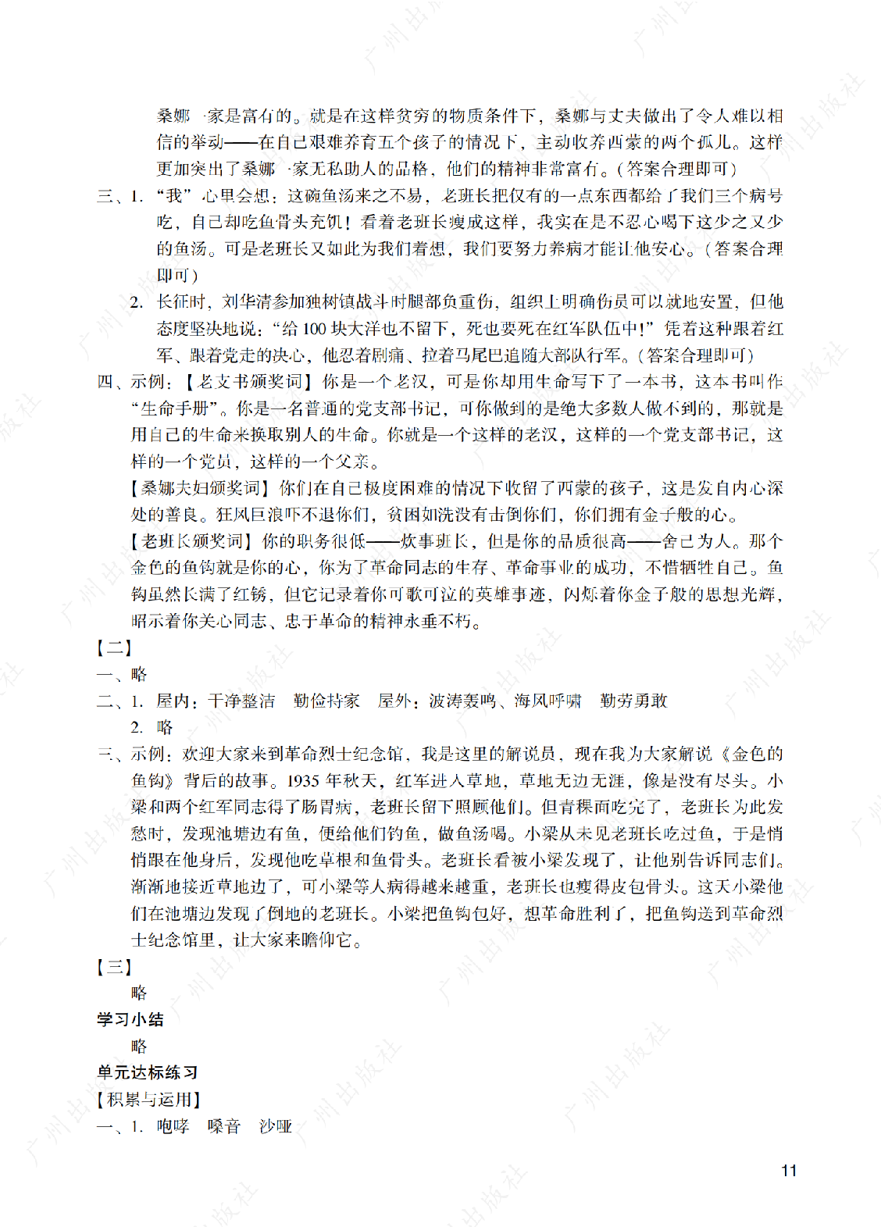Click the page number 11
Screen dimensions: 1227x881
[789, 1170]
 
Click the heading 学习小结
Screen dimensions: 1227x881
[130, 1019]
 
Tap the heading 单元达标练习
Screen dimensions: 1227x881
[148, 1072]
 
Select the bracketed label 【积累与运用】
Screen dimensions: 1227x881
[148, 1100]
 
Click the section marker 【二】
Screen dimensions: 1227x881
[114, 647]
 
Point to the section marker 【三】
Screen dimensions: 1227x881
[114, 967]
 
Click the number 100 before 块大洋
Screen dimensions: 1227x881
[314, 329]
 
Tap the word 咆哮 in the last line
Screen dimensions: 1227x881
[173, 1126]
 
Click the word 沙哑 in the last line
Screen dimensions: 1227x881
[276, 1126]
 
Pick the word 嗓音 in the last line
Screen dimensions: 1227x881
[224, 1126]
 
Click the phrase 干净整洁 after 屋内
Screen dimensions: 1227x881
[242, 701]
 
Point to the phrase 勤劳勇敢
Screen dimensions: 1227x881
[633, 701]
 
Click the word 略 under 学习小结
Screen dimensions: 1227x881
[139, 1046]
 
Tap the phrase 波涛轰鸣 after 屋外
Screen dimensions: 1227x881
[462, 701]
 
